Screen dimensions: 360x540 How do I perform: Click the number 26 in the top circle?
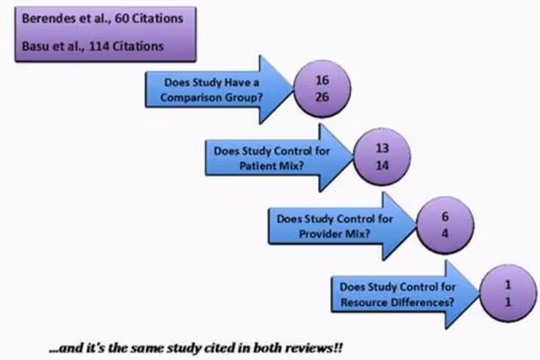click(322, 97)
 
